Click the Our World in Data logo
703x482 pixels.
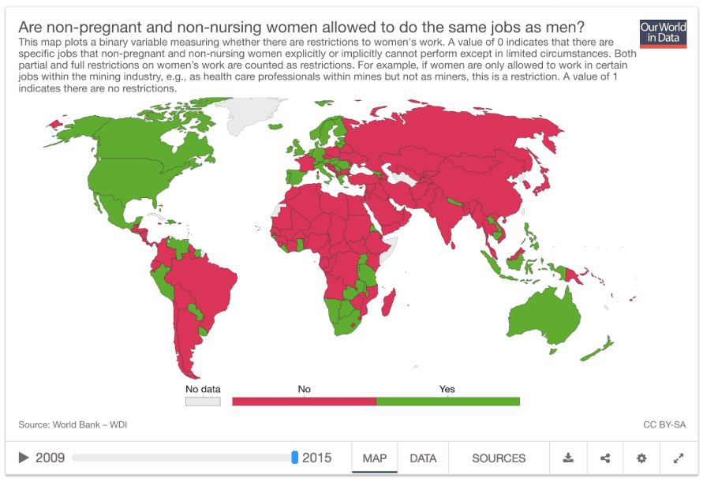click(663, 34)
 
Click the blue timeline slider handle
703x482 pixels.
click(294, 458)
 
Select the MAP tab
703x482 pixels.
click(375, 458)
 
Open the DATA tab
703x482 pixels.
click(423, 458)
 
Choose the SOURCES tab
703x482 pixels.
click(499, 458)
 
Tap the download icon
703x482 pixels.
click(568, 458)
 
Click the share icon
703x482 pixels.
click(605, 458)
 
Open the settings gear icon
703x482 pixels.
click(641, 458)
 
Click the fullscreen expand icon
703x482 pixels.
click(678, 458)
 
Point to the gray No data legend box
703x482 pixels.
click(203, 402)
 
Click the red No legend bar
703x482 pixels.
click(304, 402)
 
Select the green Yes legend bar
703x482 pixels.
click(447, 402)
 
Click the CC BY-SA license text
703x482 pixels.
click(664, 425)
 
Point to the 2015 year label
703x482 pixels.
click(317, 458)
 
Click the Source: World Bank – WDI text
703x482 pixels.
click(73, 425)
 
